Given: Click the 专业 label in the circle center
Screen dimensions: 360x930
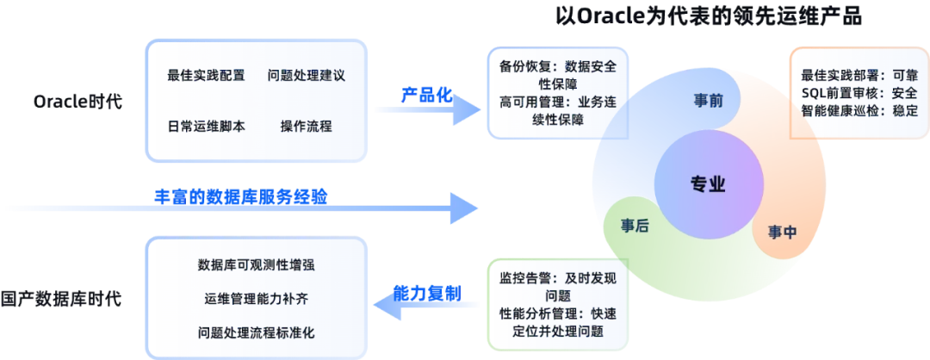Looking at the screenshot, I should point(708,183).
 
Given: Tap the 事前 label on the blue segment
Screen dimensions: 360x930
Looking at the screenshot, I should point(708,101).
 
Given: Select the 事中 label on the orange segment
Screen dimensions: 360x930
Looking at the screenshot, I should point(781,232).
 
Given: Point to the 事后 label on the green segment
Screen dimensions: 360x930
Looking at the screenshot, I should point(635,226).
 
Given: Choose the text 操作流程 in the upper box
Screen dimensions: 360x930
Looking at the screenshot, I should point(306,127).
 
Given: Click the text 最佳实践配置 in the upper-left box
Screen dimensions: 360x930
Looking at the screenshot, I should point(207,76).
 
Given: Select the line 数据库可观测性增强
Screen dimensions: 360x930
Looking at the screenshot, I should point(256,264).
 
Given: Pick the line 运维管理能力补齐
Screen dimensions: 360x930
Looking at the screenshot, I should point(256,298).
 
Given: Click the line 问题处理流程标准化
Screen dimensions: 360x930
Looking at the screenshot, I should point(256,332).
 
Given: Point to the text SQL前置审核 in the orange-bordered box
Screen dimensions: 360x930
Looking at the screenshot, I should point(831,92).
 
